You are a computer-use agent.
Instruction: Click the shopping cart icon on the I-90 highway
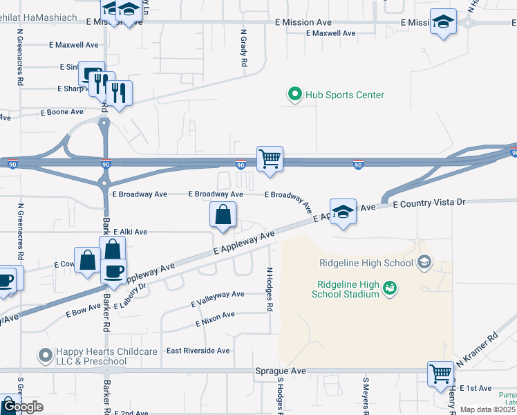coord(270,158)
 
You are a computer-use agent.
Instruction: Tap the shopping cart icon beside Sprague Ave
coord(440,373)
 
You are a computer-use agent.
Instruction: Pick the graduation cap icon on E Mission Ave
coord(443,21)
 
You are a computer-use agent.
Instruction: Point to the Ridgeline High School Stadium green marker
coord(390,287)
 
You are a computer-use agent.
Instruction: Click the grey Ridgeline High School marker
coord(424,262)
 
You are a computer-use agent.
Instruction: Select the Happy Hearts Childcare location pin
coord(46,356)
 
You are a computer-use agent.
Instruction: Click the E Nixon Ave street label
coord(215,318)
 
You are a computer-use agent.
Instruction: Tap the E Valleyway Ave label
coord(218,299)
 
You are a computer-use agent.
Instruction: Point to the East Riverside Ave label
coord(198,351)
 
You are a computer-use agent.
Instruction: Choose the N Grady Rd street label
coord(244,48)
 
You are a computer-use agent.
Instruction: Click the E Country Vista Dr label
coord(430,203)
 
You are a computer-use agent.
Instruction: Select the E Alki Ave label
coord(131,232)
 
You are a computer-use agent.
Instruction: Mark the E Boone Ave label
coord(62,111)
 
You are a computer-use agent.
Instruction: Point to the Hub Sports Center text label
coord(345,95)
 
